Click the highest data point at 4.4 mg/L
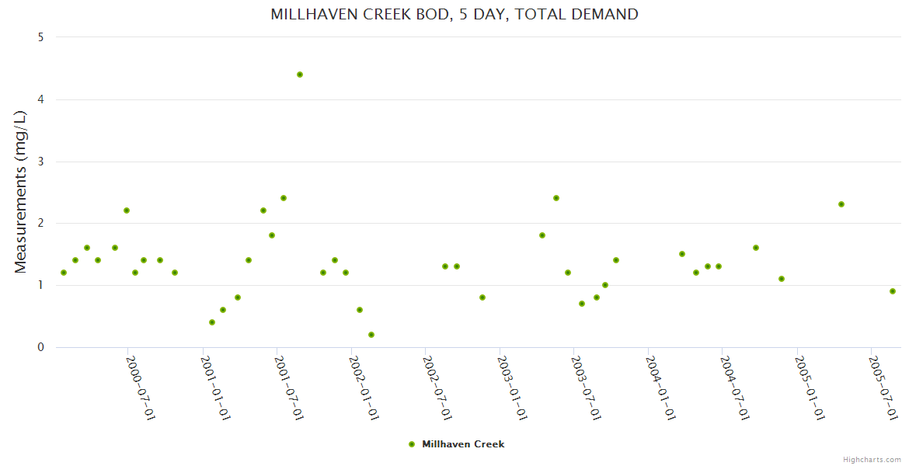(300, 75)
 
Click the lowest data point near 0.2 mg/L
(371, 335)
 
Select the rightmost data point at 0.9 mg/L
(893, 291)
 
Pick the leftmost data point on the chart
(64, 273)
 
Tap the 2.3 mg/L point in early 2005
(841, 204)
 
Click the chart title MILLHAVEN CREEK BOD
(454, 14)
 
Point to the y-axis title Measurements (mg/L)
(21, 192)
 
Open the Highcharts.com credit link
(872, 459)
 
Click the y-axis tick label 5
(40, 37)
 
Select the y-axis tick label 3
(40, 162)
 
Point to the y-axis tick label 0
(40, 347)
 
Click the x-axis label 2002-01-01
(364, 388)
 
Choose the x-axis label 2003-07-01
(587, 388)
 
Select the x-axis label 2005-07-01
(884, 388)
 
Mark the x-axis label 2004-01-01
(661, 388)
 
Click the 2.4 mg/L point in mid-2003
(556, 198)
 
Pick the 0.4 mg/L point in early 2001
(212, 322)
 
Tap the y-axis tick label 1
(40, 285)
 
